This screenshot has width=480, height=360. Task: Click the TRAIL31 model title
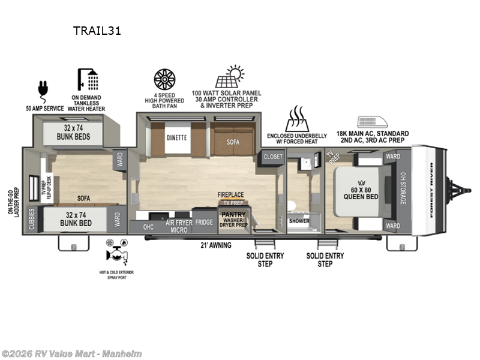97,31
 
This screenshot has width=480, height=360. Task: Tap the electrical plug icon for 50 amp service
43,88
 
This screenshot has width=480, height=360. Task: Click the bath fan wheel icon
164,79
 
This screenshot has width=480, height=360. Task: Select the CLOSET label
273,156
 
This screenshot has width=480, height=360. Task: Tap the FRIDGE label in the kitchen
204,222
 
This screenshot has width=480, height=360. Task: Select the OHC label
148,227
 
